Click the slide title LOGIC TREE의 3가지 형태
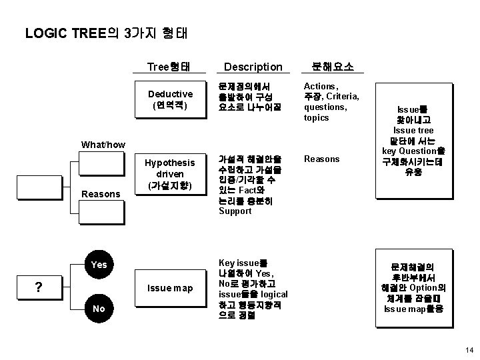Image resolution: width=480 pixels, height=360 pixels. click(110, 33)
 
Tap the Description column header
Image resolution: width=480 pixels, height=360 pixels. click(253, 67)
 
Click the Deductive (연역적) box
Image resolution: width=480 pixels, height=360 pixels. click(170, 99)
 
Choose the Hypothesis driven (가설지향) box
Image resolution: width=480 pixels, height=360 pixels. click(170, 175)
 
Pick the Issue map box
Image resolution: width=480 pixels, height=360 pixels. click(170, 288)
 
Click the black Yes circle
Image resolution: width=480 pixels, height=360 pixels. click(99, 265)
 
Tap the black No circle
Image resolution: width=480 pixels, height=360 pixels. click(99, 309)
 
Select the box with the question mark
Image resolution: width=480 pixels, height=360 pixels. click(39, 287)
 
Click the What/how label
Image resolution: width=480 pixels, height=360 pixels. click(103, 144)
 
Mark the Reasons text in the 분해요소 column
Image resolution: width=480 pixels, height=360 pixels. click(322, 159)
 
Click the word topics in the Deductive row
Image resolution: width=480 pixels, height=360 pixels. click(316, 118)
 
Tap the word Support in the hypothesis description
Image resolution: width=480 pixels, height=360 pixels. click(235, 211)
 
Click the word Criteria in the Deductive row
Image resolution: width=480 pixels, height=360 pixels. click(344, 97)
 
